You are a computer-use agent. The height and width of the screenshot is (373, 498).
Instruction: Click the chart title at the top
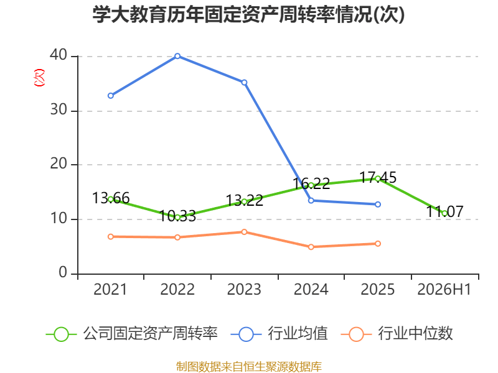coord(248,14)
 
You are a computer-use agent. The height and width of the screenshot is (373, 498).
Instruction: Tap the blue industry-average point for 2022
coord(177,56)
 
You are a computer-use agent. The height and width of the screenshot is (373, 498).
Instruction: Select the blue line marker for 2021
coord(111,96)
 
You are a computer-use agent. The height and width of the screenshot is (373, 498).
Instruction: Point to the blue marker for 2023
coord(244,83)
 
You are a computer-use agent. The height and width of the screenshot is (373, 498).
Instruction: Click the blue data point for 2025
coord(378,205)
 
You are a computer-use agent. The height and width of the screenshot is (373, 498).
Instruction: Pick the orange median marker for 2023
coord(244,232)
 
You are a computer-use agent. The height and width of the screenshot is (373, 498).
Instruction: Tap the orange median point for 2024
coord(311,247)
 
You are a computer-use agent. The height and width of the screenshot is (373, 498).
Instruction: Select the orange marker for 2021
coord(111,237)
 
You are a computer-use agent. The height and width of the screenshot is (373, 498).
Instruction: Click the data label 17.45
coord(378,178)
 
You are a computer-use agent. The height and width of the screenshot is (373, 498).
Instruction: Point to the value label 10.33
coord(177,216)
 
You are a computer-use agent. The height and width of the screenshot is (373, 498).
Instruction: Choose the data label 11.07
coord(444,211)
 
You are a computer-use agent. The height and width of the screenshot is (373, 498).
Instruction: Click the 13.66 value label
coord(111,198)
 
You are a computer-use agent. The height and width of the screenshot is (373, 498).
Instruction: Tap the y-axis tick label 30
coord(59,110)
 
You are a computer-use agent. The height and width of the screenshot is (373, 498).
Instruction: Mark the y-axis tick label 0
coord(63,273)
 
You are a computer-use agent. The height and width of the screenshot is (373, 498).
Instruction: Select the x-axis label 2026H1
coord(444,289)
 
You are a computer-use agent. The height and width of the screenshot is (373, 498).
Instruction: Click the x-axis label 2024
coord(311,289)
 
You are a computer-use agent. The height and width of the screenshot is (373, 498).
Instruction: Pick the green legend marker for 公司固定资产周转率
coord(61,334)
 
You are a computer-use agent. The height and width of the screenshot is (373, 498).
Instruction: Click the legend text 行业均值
coord(298,334)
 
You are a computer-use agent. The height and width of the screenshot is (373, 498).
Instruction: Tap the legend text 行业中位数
coord(415,334)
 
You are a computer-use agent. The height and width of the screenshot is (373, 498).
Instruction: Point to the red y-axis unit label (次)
coord(39,78)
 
